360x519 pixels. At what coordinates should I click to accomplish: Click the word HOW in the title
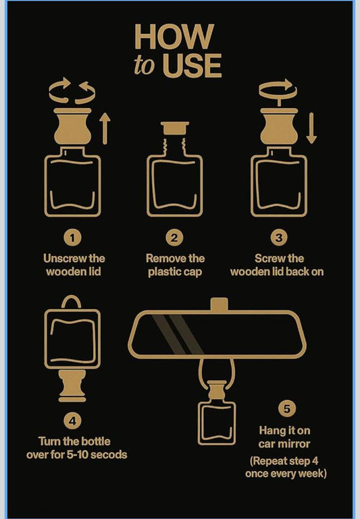tap(174, 36)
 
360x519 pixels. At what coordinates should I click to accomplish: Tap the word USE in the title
tap(192, 65)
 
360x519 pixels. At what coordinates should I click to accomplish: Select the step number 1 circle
tap(72, 238)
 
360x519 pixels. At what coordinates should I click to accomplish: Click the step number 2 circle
tap(174, 238)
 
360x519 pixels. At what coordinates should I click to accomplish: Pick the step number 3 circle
tap(279, 238)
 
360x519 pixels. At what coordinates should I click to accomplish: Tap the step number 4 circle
tap(72, 420)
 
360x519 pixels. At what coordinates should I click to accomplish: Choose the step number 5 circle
tap(287, 408)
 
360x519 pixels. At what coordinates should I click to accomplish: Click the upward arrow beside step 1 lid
tap(105, 128)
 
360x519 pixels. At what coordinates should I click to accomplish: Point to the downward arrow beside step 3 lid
tap(311, 128)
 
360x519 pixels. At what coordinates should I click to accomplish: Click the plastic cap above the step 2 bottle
tap(175, 128)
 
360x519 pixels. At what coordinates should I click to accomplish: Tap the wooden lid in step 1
tap(72, 126)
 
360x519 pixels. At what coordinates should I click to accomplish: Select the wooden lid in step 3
tap(279, 126)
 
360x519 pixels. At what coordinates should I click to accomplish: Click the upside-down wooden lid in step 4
tap(72, 385)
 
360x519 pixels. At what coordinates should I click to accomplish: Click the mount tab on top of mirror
tap(220, 304)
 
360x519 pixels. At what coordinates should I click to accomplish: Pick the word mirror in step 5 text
tap(296, 444)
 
